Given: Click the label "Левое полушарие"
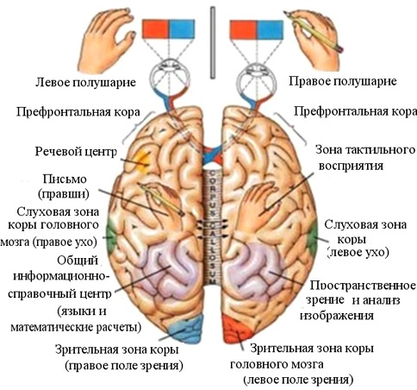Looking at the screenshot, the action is (x=85, y=83).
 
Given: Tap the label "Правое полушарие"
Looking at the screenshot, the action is (x=342, y=81).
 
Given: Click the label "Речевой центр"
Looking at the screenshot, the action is (x=76, y=151).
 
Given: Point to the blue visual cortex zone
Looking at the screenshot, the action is (x=187, y=328).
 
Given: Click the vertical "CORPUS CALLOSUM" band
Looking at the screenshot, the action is (x=213, y=227).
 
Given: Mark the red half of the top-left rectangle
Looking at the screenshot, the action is (x=155, y=29).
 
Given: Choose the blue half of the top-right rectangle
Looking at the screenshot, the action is (x=270, y=30).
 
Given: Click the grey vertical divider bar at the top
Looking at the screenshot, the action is (x=213, y=42).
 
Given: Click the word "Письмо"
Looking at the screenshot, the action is (x=65, y=179).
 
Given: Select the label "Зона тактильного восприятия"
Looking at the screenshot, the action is (x=365, y=158).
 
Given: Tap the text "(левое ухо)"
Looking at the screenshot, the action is (x=358, y=253).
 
